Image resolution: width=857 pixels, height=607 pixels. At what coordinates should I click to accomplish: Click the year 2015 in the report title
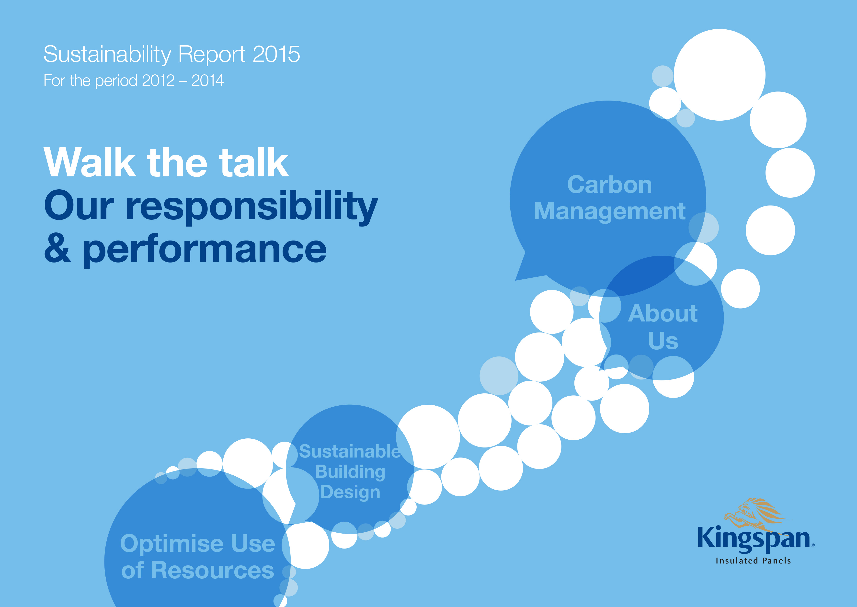click(276, 54)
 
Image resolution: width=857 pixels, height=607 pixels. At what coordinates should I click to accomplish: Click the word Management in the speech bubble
click(610, 212)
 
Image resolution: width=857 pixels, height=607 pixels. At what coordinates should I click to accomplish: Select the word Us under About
click(663, 341)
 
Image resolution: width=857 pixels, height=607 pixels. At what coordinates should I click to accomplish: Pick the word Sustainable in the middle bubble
click(349, 451)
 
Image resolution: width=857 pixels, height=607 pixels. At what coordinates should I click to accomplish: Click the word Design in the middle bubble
click(350, 492)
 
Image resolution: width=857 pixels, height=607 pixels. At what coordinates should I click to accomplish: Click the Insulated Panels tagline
click(753, 561)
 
